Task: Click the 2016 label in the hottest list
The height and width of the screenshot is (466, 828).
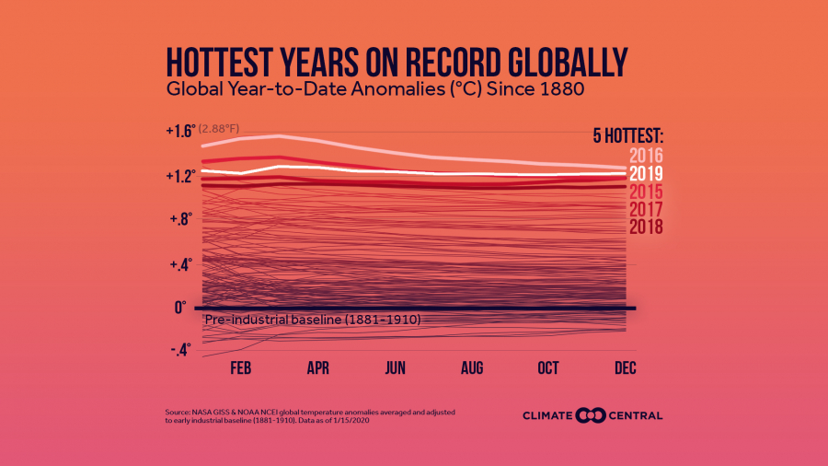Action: tap(647, 155)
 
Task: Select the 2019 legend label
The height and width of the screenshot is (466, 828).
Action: tap(647, 173)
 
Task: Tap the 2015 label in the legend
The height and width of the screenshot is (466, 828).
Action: tap(647, 192)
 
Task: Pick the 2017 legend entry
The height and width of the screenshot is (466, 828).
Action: tap(647, 209)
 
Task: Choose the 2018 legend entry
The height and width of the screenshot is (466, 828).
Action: tap(647, 227)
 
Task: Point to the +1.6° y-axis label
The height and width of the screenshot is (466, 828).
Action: tap(180, 131)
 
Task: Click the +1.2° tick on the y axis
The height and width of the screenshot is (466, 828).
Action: tap(180, 175)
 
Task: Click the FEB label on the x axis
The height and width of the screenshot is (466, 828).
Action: tap(242, 367)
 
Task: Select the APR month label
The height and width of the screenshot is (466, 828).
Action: tap(318, 367)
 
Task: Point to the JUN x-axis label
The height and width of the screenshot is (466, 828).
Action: tap(395, 367)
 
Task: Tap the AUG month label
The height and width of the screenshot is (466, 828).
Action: tap(472, 367)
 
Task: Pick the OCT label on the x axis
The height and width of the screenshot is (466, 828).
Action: tap(548, 367)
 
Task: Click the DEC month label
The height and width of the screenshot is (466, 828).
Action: tap(624, 367)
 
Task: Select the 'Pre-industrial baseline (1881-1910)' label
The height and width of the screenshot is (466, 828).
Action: tap(312, 320)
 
